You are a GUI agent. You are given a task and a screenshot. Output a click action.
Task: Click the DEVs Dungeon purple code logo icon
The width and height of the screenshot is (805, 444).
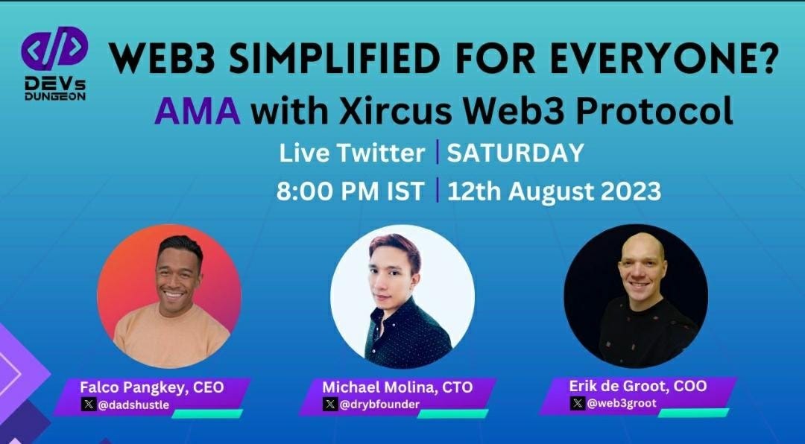click(x=54, y=47)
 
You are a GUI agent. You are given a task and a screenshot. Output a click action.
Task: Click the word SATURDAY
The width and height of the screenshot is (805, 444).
click(x=515, y=153)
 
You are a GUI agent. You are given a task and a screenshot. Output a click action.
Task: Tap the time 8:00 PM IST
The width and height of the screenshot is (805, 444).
click(x=350, y=191)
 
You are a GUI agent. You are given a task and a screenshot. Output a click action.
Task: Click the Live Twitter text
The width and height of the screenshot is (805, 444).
click(x=352, y=153)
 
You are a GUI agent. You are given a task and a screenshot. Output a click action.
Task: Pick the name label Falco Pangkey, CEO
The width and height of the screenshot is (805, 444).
click(x=152, y=387)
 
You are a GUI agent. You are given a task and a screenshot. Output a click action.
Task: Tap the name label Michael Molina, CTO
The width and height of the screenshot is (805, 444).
click(x=397, y=387)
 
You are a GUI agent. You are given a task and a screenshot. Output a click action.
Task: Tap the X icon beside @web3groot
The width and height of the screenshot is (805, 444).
click(x=578, y=403)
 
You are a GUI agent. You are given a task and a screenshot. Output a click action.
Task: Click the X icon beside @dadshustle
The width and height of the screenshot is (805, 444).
click(x=89, y=405)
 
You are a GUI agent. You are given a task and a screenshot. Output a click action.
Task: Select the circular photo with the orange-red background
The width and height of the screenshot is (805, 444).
click(x=169, y=296)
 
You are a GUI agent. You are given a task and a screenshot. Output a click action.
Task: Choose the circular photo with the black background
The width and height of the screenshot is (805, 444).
click(x=636, y=296)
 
